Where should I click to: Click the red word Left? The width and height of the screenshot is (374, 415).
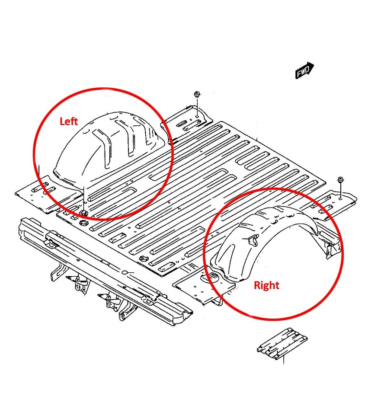68,121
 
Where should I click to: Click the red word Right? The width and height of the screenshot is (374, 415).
266,285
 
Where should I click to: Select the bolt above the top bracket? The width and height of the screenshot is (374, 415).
197,95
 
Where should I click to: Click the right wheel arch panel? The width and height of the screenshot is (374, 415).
259,242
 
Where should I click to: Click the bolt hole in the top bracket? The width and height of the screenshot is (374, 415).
197,115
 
